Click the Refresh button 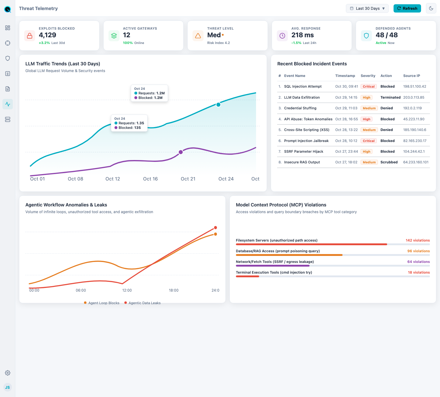coord(407,8)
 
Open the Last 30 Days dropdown coord(367,8)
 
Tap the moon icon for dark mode coord(431,8)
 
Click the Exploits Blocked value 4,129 coord(47,35)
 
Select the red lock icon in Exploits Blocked coord(30,35)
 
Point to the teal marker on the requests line coord(218,104)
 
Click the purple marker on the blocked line coord(181,152)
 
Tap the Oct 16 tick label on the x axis coord(150,179)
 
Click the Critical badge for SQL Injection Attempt coord(369,86)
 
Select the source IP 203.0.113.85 coord(414,97)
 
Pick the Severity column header coord(368,76)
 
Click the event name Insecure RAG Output coord(302,162)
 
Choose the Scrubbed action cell coord(389,162)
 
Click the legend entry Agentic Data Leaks coord(142,303)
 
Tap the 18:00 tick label coord(174,290)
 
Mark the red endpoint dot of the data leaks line coord(215,228)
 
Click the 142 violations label coord(418,240)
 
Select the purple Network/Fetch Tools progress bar coord(273,266)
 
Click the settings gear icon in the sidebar coord(8,373)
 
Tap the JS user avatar coord(8,387)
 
